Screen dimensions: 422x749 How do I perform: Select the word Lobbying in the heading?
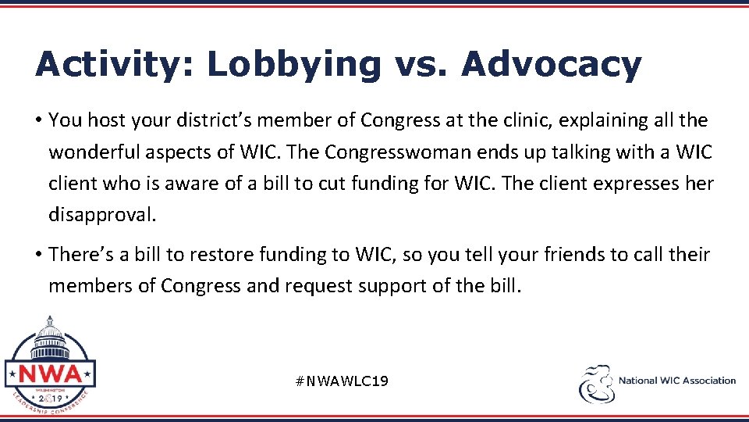coord(294,65)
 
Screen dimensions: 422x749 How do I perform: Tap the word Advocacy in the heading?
coord(551,65)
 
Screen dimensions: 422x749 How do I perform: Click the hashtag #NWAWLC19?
coord(343,381)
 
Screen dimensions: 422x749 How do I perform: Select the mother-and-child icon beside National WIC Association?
coord(596,384)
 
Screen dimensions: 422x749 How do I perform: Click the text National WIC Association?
coord(676,381)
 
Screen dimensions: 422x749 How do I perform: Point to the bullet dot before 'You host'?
coord(38,121)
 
